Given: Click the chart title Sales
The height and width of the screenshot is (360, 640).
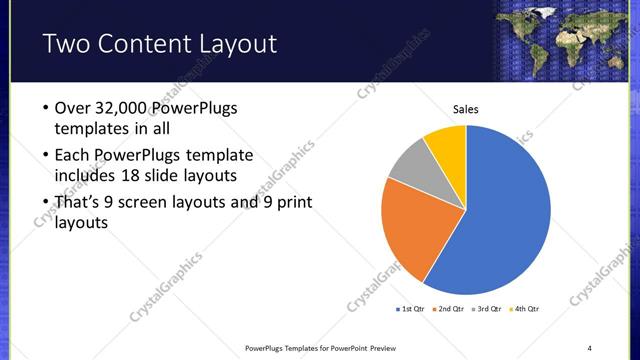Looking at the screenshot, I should coord(466,108).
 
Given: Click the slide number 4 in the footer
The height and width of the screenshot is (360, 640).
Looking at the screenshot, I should coord(590,347).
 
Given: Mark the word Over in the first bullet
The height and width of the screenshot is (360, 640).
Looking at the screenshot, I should coord(72,108).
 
